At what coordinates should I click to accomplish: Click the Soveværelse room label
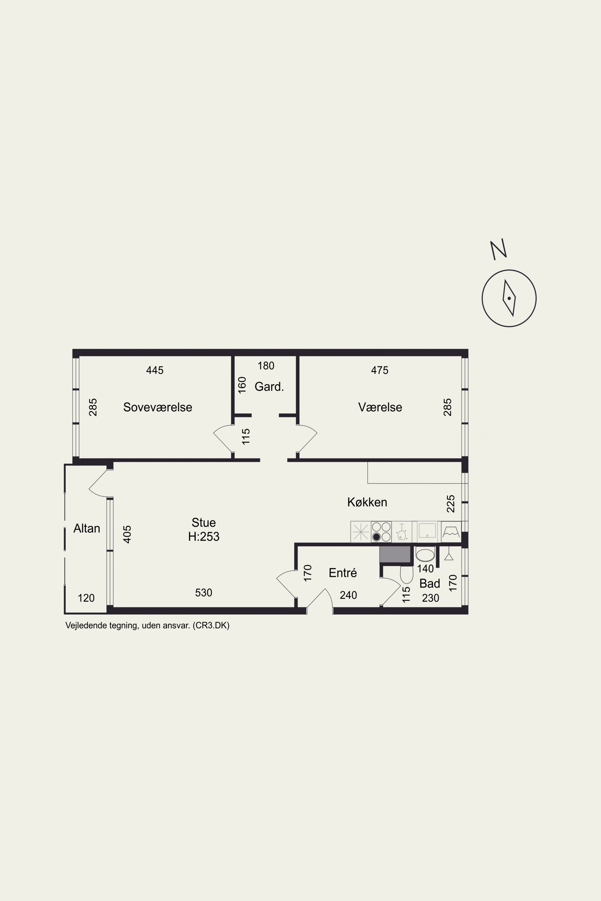pos(157,407)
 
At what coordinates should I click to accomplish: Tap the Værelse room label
pos(380,407)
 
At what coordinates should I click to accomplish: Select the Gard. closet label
pos(269,387)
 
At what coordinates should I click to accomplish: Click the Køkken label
pos(367,502)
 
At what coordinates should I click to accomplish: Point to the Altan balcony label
pos(87,528)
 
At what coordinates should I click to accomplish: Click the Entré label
pos(343,573)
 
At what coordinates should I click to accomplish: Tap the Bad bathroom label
pos(429,584)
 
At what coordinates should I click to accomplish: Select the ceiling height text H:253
pos(203,536)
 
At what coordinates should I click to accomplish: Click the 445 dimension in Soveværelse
pos(155,370)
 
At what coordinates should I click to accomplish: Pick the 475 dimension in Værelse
pos(380,370)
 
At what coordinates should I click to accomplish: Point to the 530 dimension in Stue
pos(203,593)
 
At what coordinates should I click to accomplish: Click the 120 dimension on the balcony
pos(86,598)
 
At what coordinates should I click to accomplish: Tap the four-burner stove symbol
pos(381,532)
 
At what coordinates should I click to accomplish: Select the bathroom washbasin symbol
pos(425,555)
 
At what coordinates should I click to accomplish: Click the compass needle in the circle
pos(509,298)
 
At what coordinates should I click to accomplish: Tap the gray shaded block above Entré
pos(395,554)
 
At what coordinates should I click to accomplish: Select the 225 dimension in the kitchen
pos(451,504)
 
